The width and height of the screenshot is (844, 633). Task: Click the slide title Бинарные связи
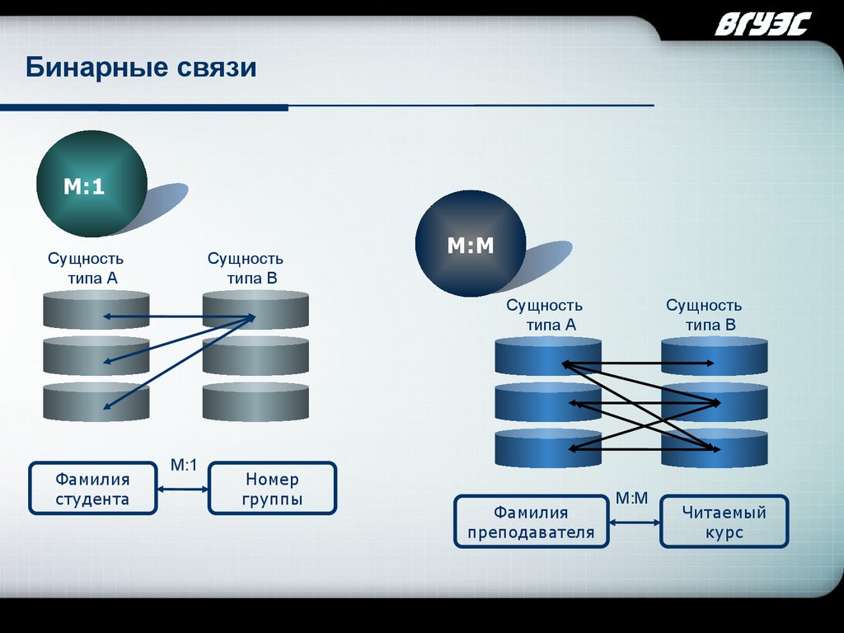pyautogui.click(x=141, y=67)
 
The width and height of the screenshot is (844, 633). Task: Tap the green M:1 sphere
pyautogui.click(x=91, y=185)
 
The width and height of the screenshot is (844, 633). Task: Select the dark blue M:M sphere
pyautogui.click(x=470, y=244)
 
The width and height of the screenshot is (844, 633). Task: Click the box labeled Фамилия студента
pyautogui.click(x=92, y=489)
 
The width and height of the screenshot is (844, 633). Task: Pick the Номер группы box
pyautogui.click(x=272, y=489)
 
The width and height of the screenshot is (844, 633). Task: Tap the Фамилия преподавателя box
pyautogui.click(x=531, y=522)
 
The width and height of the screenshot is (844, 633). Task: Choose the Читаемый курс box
pyautogui.click(x=724, y=522)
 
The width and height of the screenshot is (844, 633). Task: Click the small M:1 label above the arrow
pyautogui.click(x=183, y=466)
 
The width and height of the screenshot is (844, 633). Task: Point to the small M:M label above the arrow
pyautogui.click(x=632, y=499)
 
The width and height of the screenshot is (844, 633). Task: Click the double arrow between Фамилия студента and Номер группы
pyautogui.click(x=183, y=489)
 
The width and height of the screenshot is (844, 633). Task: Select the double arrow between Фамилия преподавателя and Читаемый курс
pyautogui.click(x=635, y=522)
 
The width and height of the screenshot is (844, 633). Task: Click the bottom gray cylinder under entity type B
pyautogui.click(x=256, y=403)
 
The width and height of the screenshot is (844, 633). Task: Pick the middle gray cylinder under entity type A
pyautogui.click(x=96, y=356)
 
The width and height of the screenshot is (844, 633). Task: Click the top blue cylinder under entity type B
pyautogui.click(x=715, y=357)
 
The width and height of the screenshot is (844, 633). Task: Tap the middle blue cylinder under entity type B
pyautogui.click(x=715, y=403)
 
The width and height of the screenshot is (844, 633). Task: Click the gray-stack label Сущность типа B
pyautogui.click(x=246, y=269)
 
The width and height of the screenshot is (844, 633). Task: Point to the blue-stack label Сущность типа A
pyautogui.click(x=544, y=315)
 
